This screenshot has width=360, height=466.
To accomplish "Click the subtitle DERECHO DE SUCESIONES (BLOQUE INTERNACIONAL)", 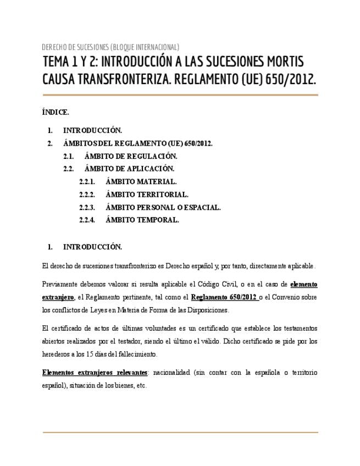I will pyautogui.click(x=110, y=47).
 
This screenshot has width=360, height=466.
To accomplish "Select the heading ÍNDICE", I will pyautogui.click(x=56, y=112).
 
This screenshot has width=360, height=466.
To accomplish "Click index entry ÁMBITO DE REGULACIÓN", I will pyautogui.click(x=131, y=157).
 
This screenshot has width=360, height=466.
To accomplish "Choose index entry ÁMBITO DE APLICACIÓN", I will pyautogui.click(x=129, y=169).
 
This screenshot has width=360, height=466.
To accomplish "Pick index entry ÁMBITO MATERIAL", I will pyautogui.click(x=141, y=182).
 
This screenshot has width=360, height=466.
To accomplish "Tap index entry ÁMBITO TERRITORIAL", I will pyautogui.click(x=147, y=195).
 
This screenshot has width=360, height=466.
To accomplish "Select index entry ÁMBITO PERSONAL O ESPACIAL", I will pyautogui.click(x=163, y=207).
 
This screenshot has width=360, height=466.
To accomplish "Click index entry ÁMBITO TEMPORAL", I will pyautogui.click(x=142, y=220).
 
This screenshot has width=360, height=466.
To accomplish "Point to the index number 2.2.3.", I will pyautogui.click(x=87, y=207).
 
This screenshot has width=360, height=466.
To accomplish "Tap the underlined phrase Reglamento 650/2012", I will pyautogui.click(x=224, y=297).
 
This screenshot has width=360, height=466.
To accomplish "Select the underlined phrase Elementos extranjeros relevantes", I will pyautogui.click(x=95, y=373).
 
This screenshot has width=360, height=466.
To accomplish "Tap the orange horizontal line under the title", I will pyautogui.click(x=180, y=95).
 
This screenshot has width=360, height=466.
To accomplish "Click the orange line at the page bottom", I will pyautogui.click(x=180, y=432).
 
